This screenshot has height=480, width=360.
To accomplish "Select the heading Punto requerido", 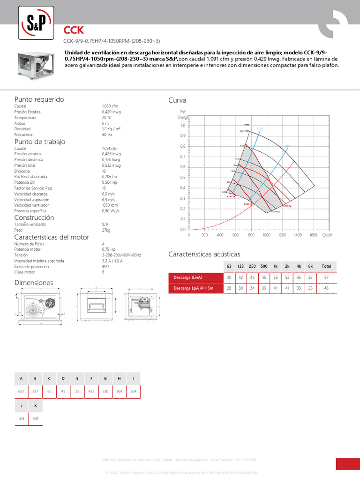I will pos(39,99).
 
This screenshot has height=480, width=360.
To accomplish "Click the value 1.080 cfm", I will pos(110,107).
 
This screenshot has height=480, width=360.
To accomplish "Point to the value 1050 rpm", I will pos(110,205).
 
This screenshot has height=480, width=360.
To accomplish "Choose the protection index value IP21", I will pos(105,266).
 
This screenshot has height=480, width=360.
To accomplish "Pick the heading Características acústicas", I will pos(204,254).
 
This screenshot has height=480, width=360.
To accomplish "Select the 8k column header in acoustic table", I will pos(310,266).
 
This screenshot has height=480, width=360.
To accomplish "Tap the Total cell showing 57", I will pos(326,277).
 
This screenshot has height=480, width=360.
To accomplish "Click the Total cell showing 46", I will pos(326,288).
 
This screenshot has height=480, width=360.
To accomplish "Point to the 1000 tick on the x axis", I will pos(266,235).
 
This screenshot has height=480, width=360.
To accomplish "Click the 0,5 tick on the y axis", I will pos(183,178).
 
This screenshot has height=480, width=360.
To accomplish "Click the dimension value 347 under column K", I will pos(36,418).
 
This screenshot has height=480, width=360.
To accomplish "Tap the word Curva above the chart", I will pos(177,101).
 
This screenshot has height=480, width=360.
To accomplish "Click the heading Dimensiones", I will pos(34,283).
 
